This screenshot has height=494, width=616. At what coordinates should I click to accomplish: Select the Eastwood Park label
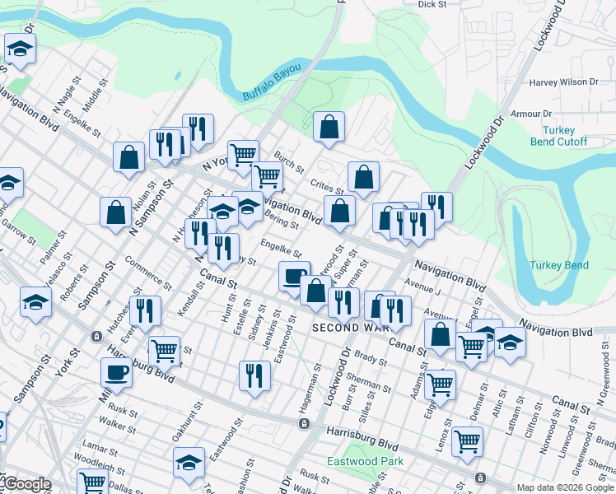point(365,461)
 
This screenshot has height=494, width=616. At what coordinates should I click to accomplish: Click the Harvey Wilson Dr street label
point(564,82)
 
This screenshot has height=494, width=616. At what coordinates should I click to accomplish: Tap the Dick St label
point(432,4)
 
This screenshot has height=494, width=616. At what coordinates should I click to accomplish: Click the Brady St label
point(371,359)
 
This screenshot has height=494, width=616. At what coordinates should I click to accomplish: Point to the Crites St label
point(328,187)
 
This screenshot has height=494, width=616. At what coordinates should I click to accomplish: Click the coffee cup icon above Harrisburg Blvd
point(116,372)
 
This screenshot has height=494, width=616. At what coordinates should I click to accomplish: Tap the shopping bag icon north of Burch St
point(329,127)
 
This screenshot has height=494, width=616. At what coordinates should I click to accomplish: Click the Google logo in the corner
point(26,485)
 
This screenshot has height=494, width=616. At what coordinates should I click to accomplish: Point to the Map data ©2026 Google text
point(565,487)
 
